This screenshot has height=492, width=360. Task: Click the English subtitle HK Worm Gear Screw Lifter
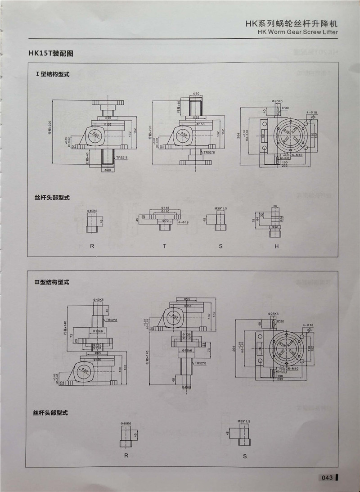coord(298,32)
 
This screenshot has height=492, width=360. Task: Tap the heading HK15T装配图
coord(51,54)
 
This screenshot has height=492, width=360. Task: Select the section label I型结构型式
coord(53,74)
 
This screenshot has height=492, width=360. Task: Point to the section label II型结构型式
coord(53,282)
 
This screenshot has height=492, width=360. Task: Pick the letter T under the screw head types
coord(165,246)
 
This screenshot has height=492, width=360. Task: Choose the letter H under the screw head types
coord(277,246)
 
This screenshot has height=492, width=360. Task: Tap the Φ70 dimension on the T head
coord(165,221)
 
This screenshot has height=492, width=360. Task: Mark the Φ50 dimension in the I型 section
coord(196,93)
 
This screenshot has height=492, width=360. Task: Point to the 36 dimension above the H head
coord(275,206)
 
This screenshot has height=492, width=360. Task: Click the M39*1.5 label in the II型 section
coord(243,421)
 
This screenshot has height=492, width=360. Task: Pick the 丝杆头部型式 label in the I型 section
coord(52,197)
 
